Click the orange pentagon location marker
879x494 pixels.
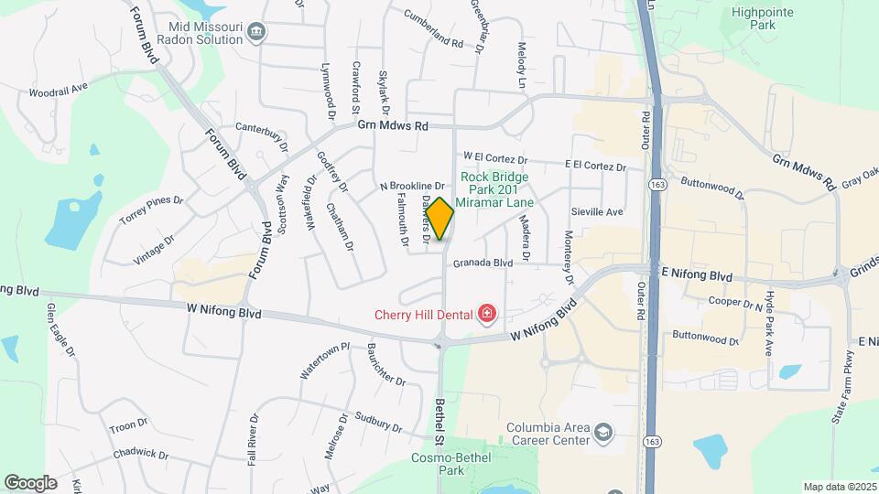coord(440,219)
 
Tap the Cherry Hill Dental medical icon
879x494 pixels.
coord(488,315)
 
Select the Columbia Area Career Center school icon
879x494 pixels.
coord(603,430)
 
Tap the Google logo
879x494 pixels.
coord(30,482)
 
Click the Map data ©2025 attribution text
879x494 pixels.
coord(839,487)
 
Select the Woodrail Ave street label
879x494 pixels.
coord(58,91)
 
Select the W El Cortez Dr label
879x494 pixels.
coord(495,158)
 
